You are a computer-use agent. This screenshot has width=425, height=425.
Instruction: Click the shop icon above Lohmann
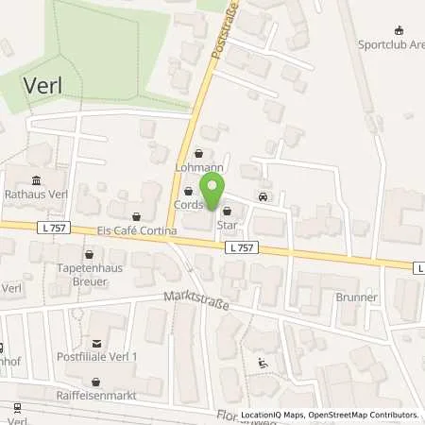coord(198,153)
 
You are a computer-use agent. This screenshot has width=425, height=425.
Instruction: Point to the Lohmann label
coord(198,167)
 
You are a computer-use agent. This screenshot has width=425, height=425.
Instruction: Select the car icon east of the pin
coord(262,197)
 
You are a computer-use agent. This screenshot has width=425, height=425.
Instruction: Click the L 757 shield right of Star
coord(241,246)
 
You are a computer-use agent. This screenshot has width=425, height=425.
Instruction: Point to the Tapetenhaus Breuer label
coord(89,274)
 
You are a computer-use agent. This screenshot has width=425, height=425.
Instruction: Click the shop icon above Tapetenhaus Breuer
coord(90,253)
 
